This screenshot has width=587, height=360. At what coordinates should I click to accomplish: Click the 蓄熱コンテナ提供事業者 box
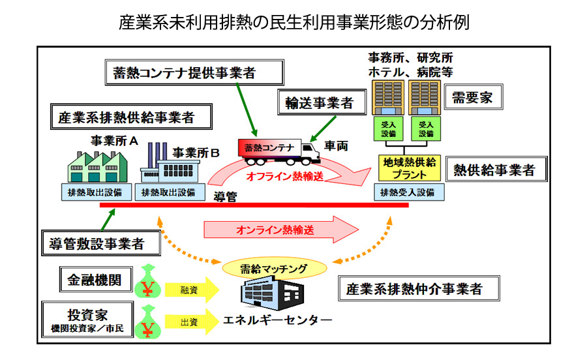[194, 72]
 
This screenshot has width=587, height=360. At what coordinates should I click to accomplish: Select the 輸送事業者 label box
[322, 102]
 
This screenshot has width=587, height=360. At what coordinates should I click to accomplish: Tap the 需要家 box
[474, 97]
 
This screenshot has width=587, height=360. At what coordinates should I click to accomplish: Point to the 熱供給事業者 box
[496, 169]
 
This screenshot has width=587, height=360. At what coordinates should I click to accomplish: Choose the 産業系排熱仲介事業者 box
[419, 288]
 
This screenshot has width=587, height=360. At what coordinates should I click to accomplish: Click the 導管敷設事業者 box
[101, 243]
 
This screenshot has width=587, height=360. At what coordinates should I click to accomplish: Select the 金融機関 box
[97, 279]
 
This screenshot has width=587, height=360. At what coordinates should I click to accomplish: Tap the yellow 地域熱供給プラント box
[410, 168]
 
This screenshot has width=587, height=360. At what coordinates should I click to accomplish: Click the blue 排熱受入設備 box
[409, 192]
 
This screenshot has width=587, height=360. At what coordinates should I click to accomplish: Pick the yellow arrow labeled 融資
[192, 290]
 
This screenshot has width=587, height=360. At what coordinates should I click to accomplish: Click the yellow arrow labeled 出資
[192, 322]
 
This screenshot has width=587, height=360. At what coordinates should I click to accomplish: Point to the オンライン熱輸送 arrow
[280, 230]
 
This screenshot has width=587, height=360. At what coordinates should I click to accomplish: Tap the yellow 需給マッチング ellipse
[275, 268]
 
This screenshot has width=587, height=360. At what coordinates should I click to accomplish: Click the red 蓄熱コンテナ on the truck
[269, 148]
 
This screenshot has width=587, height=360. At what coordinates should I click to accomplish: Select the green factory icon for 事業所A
[97, 167]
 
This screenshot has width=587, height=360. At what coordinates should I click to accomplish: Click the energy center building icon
[271, 293]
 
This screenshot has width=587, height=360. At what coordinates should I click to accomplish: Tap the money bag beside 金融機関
[148, 282]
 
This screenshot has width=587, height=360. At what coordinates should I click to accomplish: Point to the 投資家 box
[87, 320]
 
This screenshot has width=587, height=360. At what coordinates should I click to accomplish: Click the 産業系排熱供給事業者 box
[131, 117]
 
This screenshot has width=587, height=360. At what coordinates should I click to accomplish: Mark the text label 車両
[336, 145]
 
